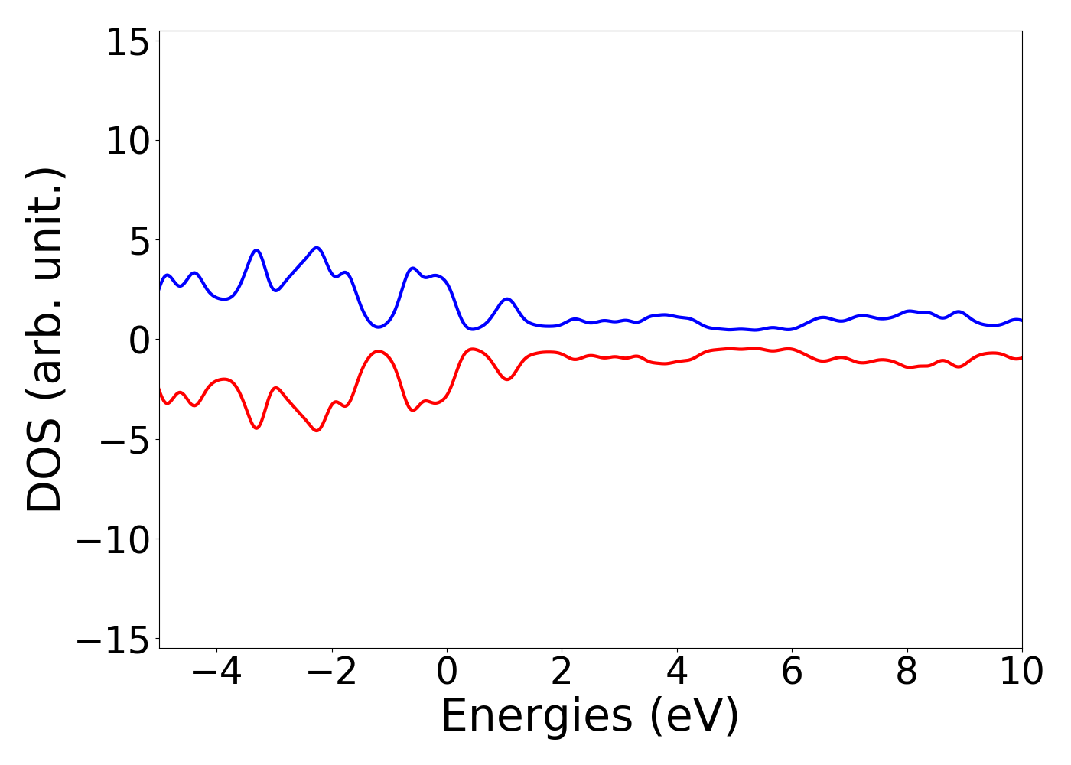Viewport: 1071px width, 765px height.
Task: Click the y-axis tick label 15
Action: (x=126, y=43)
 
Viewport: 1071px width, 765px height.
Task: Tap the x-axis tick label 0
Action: (x=447, y=672)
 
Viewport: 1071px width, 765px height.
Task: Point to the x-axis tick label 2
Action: (x=562, y=672)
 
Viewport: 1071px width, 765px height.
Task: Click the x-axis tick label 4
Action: (x=677, y=672)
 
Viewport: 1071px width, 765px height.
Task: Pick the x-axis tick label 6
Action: (x=792, y=672)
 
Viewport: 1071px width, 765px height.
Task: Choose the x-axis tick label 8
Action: (x=907, y=672)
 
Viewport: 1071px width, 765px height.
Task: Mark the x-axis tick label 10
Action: (x=1021, y=672)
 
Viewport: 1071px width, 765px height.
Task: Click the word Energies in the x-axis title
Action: (x=537, y=718)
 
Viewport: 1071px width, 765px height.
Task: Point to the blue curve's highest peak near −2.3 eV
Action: (x=316, y=248)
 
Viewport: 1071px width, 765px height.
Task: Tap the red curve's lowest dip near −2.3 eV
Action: (x=316, y=431)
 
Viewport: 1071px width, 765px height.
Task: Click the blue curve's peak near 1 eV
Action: (x=506, y=299)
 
